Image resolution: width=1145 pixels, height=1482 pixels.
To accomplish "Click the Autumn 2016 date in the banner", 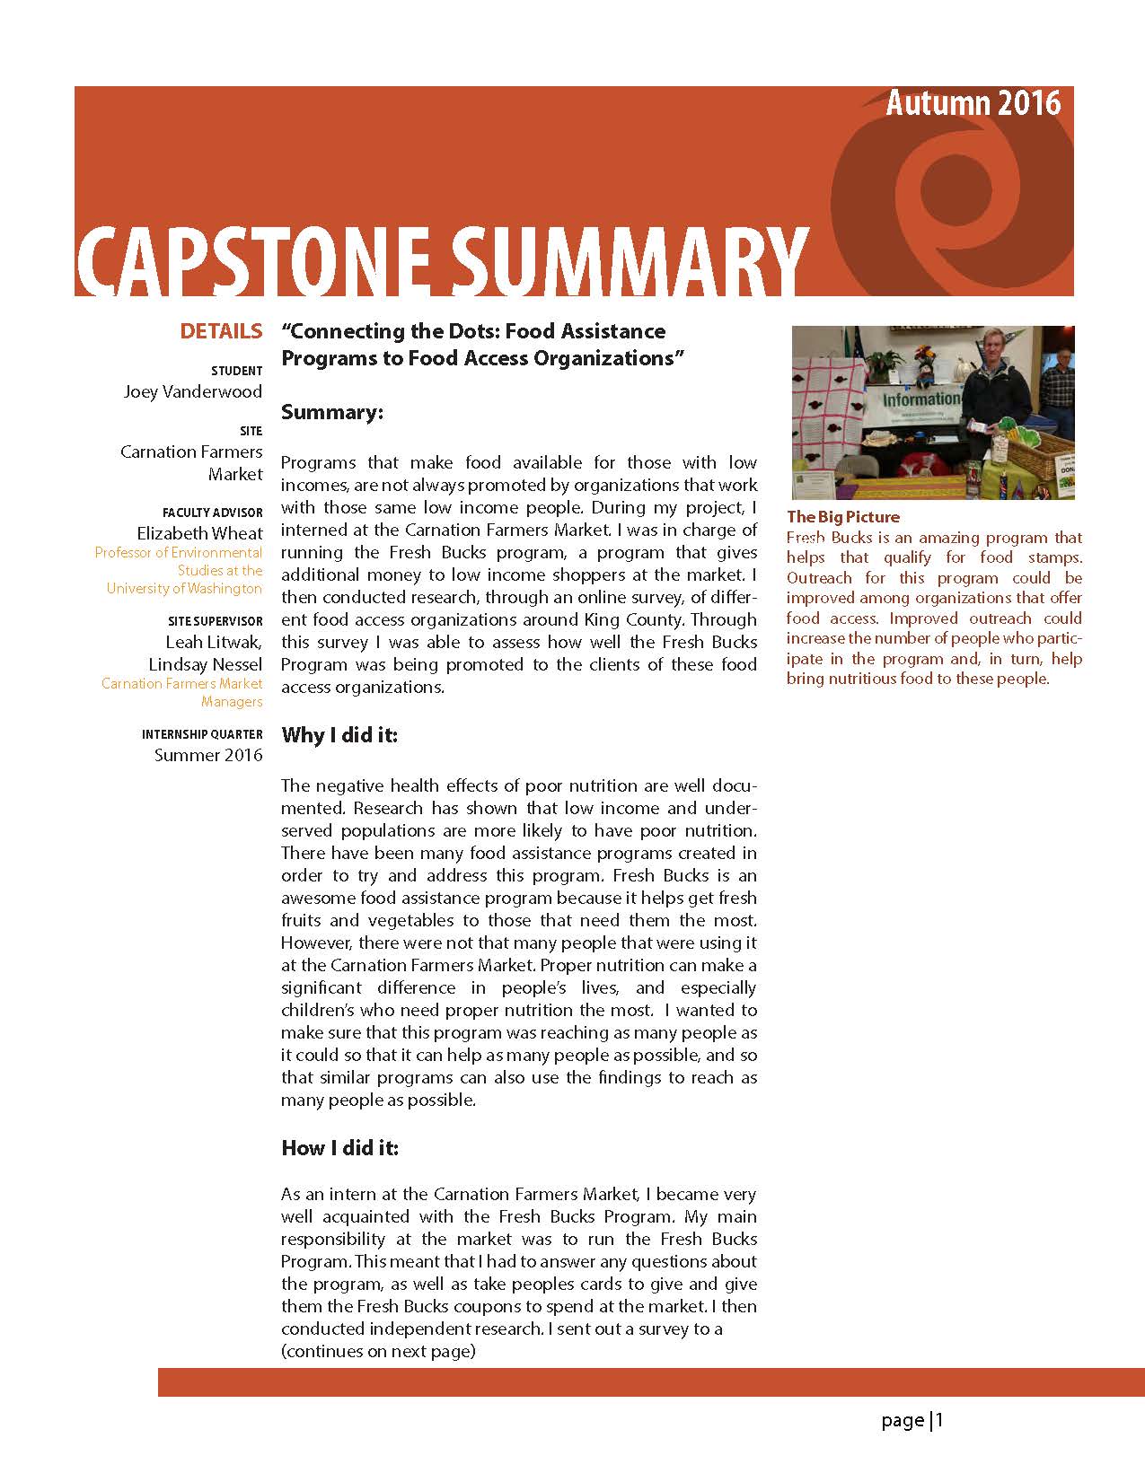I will point(973,104).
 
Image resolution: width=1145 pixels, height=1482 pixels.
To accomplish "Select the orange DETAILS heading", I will point(221,331).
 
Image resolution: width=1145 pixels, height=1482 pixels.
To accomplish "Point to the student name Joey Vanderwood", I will point(193,391).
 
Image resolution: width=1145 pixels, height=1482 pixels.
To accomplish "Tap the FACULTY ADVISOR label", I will point(212,513).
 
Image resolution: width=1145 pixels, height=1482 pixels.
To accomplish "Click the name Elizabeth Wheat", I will point(199,533).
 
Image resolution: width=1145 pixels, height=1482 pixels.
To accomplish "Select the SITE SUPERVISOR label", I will point(215,621).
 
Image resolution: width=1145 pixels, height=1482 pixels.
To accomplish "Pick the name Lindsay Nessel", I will point(205,664).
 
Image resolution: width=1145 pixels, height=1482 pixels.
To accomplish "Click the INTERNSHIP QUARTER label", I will point(202,734).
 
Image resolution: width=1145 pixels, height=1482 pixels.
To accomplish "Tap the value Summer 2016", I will point(208,755).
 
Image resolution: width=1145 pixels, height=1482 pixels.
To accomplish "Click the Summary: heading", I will point(332,412).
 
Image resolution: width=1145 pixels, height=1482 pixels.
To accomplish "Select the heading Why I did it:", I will point(339,735).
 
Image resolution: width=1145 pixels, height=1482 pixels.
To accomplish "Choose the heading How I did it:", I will point(339,1148).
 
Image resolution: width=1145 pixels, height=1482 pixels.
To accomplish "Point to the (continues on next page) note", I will point(378,1351).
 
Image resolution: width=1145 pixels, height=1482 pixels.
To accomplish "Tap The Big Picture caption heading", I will point(842,517).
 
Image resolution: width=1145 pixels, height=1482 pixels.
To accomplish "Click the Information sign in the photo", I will point(920,399).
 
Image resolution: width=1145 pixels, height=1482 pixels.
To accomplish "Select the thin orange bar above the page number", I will point(651,1382).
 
